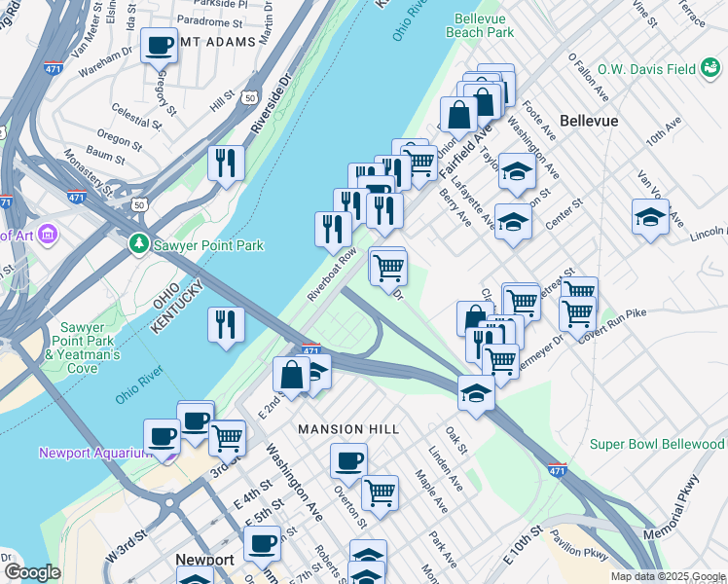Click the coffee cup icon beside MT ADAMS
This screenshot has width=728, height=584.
pyautogui.click(x=159, y=44)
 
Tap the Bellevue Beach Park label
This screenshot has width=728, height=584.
pyautogui.click(x=479, y=24)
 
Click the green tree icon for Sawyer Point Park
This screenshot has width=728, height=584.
pyautogui.click(x=140, y=242)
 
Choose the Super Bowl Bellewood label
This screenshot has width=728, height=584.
pyautogui.click(x=657, y=445)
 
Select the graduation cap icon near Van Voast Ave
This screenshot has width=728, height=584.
pyautogui.click(x=650, y=216)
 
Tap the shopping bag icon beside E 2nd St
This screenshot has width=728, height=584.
pyautogui.click(x=291, y=374)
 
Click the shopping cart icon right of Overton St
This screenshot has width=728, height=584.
pyautogui.click(x=380, y=492)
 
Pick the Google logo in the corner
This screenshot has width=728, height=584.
pyautogui.click(x=32, y=572)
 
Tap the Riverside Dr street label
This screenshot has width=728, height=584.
pyautogui.click(x=271, y=108)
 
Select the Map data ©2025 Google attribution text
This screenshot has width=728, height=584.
pyautogui.click(x=668, y=576)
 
